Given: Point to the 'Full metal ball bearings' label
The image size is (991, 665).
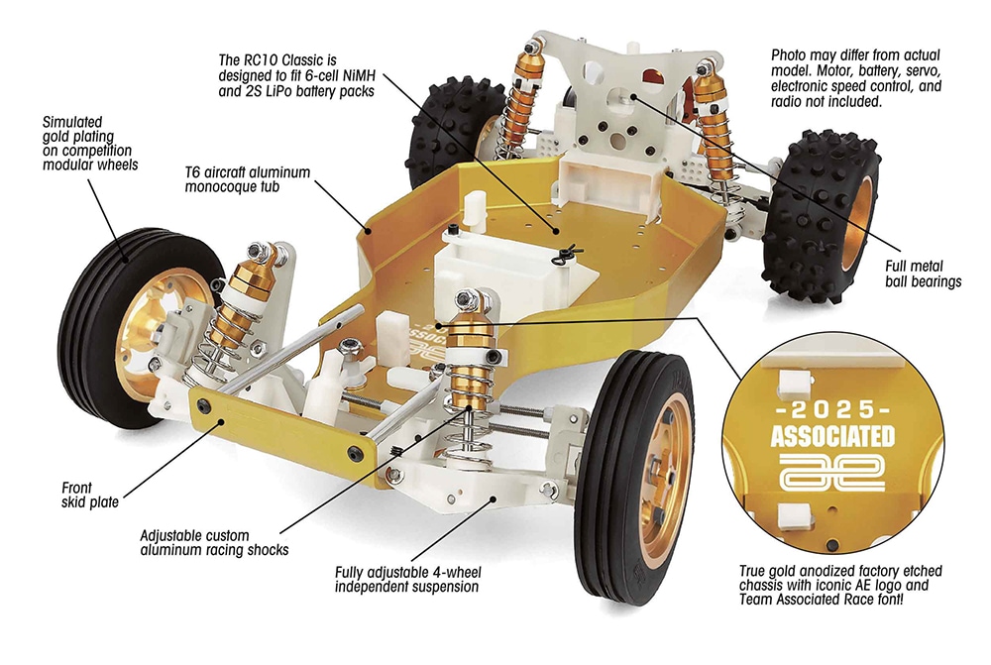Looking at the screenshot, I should (922, 275).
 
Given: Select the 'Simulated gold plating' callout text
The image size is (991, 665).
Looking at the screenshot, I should (90, 143).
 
